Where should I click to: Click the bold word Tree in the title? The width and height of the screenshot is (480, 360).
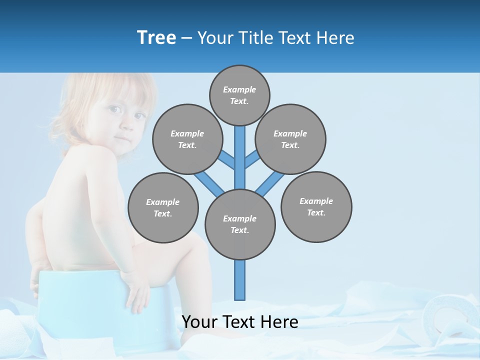[156, 37]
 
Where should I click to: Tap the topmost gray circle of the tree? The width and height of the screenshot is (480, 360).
[239, 95]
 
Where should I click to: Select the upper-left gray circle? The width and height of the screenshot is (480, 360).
[187, 139]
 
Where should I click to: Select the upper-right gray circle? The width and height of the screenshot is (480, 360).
[290, 139]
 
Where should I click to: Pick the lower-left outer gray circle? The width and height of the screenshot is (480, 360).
[162, 207]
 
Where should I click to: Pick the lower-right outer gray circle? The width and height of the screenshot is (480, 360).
[316, 206]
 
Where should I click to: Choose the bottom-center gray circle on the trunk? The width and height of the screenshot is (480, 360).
[239, 224]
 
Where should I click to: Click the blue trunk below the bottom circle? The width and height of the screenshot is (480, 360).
[240, 280]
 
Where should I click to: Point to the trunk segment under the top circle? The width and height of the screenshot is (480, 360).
[240, 150]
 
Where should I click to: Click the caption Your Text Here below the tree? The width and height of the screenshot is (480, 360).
[239, 321]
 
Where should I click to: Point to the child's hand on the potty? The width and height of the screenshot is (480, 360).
[137, 295]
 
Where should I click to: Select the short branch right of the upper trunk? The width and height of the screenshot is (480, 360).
[252, 159]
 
